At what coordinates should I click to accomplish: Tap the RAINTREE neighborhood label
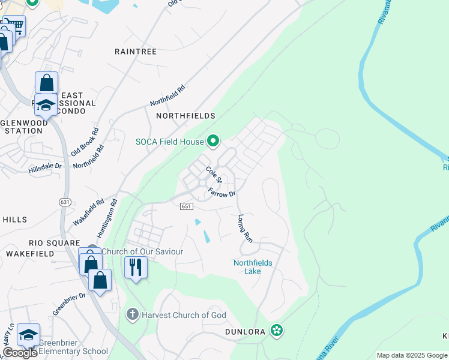(136, 52)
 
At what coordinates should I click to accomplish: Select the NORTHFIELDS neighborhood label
(185, 115)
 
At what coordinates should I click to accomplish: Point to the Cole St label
(214, 175)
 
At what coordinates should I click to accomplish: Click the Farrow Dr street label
(222, 193)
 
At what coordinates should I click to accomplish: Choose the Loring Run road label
(245, 228)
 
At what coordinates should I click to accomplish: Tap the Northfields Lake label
(253, 267)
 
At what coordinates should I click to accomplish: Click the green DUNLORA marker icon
(276, 331)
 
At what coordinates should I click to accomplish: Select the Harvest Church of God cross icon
(132, 314)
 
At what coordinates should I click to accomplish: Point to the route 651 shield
(185, 206)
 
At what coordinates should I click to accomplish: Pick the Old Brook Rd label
(85, 142)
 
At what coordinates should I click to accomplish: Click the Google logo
(20, 352)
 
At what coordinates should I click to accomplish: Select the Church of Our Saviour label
(142, 251)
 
